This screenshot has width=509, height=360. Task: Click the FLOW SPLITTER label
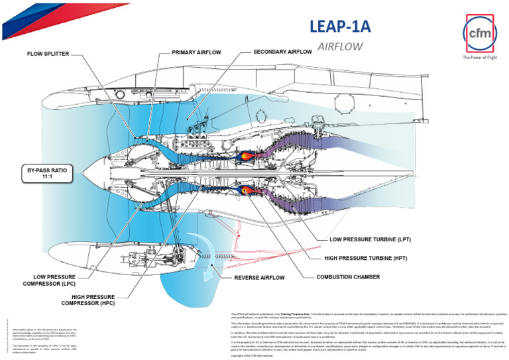coord(48,54)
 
